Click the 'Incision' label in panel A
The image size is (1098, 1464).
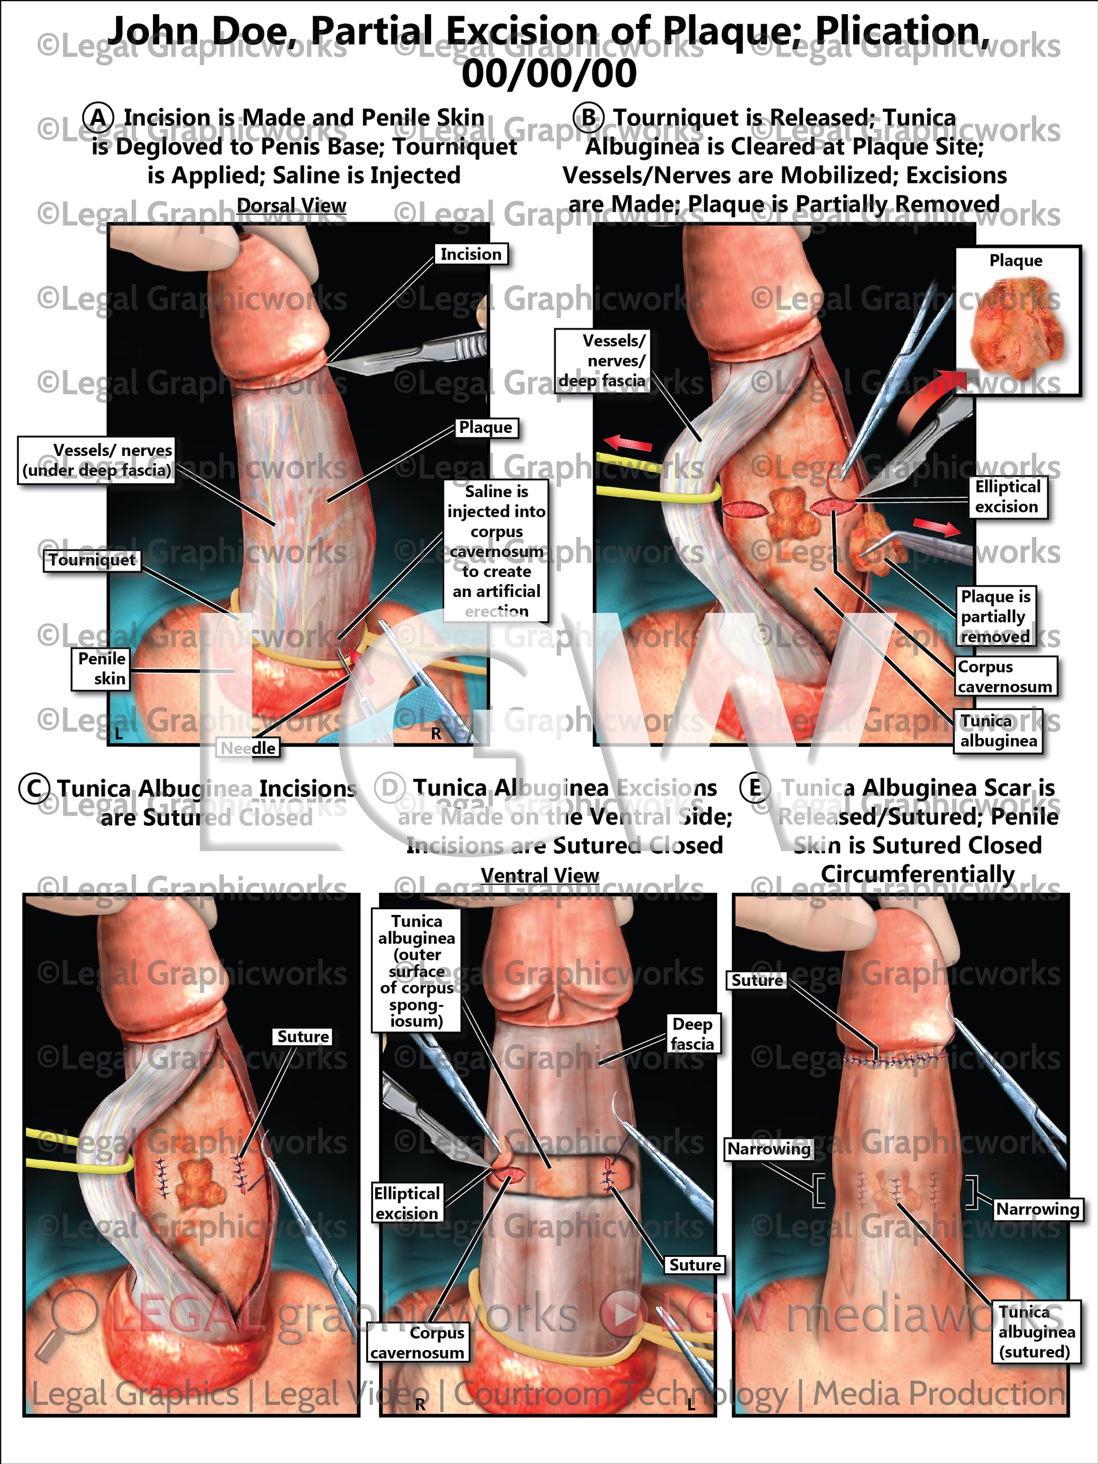pyautogui.click(x=471, y=255)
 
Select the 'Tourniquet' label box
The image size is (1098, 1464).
pyautogui.click(x=92, y=560)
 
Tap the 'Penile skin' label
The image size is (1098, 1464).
pyautogui.click(x=100, y=668)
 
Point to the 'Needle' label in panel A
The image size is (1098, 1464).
pyautogui.click(x=248, y=748)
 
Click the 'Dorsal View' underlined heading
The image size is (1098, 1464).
pyautogui.click(x=291, y=206)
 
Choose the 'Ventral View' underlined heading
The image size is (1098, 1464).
pyautogui.click(x=539, y=875)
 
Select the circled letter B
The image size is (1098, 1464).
pyautogui.click(x=588, y=119)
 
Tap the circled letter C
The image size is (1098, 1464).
pyautogui.click(x=34, y=789)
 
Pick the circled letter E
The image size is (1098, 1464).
pyautogui.click(x=754, y=789)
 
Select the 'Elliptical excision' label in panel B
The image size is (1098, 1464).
pyautogui.click(x=1007, y=497)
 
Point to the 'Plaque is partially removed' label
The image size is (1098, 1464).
pyautogui.click(x=995, y=617)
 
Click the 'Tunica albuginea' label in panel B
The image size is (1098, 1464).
pyautogui.click(x=998, y=731)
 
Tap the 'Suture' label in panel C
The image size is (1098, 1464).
pyautogui.click(x=302, y=1036)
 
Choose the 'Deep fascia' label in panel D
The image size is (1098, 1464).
pyautogui.click(x=692, y=1034)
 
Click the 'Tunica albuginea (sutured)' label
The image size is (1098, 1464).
pyautogui.click(x=1036, y=1331)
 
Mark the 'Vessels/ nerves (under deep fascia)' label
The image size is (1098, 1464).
pyautogui.click(x=96, y=461)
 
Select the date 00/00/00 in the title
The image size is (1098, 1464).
pyautogui.click(x=548, y=73)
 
